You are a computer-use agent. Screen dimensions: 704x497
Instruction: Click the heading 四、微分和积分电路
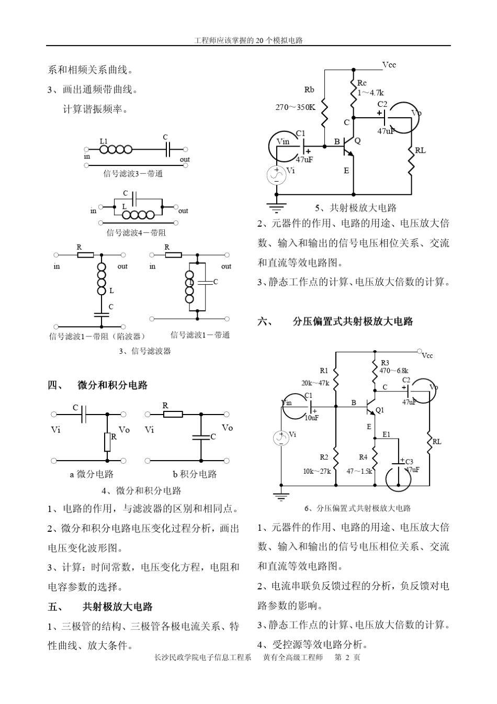pos(98,385)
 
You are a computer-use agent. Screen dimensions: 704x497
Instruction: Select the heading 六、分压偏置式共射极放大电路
pos(335,321)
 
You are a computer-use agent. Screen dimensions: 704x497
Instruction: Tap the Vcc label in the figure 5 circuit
pos(389,65)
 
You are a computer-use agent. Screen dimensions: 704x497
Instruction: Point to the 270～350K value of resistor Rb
pos(296,107)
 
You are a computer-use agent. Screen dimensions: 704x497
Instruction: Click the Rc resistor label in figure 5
pos(362,83)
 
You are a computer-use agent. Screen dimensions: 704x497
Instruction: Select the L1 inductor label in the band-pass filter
pos(104,141)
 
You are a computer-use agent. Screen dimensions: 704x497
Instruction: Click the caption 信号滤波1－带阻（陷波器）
pos(97,336)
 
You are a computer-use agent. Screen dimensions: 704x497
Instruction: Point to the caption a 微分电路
pos(92,474)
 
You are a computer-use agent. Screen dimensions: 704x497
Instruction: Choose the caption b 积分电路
pos(195,474)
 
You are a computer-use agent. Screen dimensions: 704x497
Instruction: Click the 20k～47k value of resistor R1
pos(315,383)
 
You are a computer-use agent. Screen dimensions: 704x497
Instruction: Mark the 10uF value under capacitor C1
pos(311,418)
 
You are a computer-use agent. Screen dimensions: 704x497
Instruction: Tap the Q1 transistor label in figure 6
pos(379,410)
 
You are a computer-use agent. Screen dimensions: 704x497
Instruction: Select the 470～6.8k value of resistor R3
pos(394,371)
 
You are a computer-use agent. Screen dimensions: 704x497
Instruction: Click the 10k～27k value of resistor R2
pos(317,471)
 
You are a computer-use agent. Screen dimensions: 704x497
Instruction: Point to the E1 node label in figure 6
pos(386,434)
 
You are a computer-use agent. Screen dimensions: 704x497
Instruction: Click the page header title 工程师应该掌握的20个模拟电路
pos(248,40)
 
